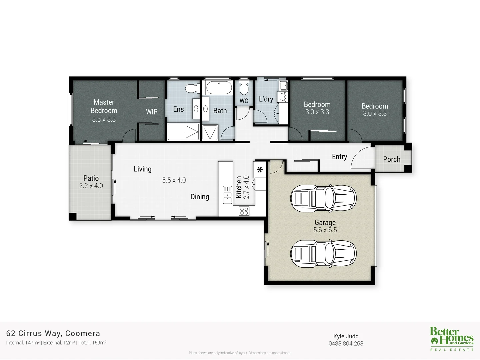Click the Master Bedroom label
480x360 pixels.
click(104, 106)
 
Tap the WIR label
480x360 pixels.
click(152, 112)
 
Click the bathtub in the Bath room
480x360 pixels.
click(218, 88)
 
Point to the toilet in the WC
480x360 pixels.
click(244, 88)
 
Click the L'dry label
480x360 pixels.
click(266, 99)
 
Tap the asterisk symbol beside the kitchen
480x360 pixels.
click(260, 170)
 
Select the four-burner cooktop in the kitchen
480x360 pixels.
click(244, 211)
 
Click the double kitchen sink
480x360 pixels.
click(227, 195)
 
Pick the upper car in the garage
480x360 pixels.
click(323, 199)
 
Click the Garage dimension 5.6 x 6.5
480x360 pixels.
click(325, 230)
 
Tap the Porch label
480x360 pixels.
click(392, 159)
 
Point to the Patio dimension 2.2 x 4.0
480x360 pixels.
click(91, 186)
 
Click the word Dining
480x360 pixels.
click(200, 197)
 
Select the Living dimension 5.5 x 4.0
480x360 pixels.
click(174, 180)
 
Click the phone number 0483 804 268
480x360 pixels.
click(346, 344)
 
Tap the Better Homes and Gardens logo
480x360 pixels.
click(452, 338)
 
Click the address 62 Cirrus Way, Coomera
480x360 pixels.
click(53, 333)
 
